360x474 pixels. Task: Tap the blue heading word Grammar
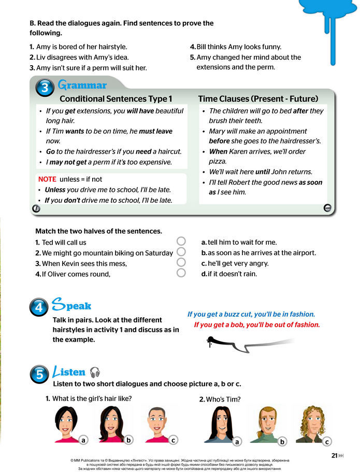click(x=82, y=85)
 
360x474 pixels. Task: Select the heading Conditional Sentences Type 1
click(x=116, y=99)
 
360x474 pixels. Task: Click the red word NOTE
click(x=47, y=179)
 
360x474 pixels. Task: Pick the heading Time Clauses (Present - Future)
click(x=258, y=99)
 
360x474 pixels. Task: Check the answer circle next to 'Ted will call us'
click(x=181, y=242)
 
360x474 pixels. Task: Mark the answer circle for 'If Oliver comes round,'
click(x=181, y=273)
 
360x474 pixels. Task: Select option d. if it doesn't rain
click(x=228, y=274)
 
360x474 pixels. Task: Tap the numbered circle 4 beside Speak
click(x=40, y=308)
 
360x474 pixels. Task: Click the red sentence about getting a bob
click(x=256, y=325)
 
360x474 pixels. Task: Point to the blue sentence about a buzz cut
click(x=251, y=314)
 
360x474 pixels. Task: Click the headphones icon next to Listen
click(x=95, y=372)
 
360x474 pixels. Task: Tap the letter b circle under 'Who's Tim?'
click(x=282, y=441)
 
